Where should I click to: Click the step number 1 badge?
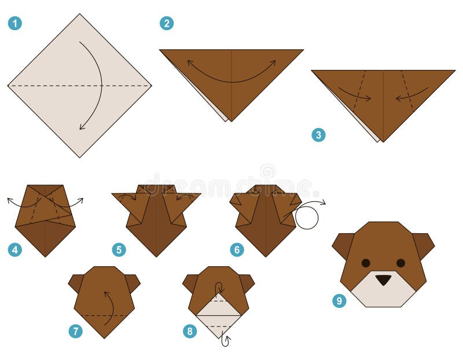pos(14,23)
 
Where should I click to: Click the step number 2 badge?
pos(167,23)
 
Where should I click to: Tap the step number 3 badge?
pos(318,135)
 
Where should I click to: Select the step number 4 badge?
pos(14,250)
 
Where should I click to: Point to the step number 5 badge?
pos(119,250)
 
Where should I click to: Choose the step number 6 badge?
pos(237,250)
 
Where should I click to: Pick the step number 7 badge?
pos(75,331)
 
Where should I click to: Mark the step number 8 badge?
pos(190,331)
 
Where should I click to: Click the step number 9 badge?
pos(339,300)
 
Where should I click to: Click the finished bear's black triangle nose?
pos(383,280)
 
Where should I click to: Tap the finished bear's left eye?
pos(366,263)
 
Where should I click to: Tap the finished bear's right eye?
pos(400,263)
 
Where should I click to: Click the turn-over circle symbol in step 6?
pos(307,218)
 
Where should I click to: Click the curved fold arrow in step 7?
pos(108,307)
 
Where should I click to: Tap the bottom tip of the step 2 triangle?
pos(231,120)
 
